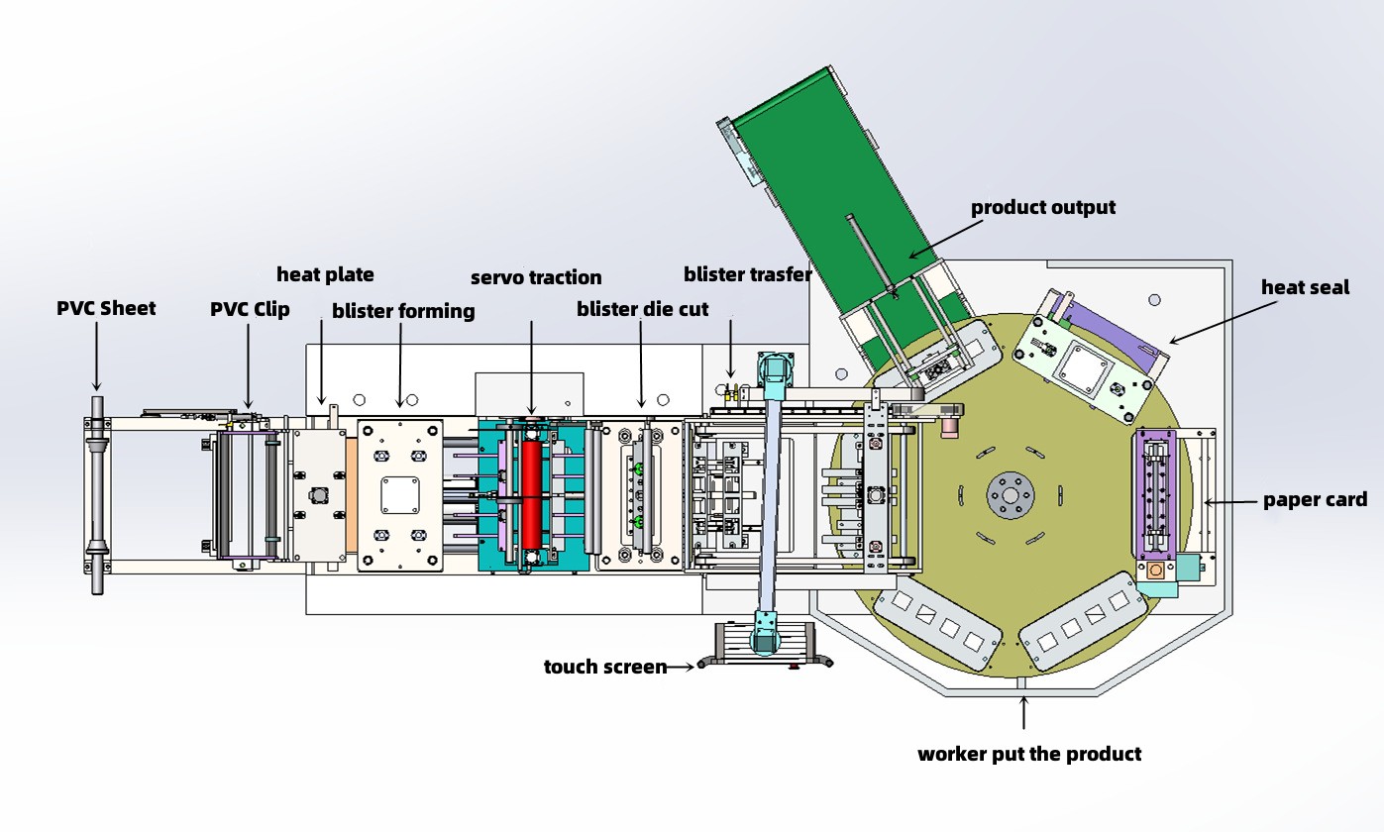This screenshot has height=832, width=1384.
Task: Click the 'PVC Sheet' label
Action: [106, 308]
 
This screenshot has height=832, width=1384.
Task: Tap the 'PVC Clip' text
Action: [250, 309]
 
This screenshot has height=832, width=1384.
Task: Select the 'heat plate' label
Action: [325, 273]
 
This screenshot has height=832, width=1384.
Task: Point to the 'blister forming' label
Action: [403, 311]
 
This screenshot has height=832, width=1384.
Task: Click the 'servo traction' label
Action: [536, 277]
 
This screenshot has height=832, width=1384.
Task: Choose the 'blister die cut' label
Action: [642, 309]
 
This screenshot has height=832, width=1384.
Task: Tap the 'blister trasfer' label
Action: [747, 274]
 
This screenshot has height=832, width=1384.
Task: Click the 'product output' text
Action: [1042, 207]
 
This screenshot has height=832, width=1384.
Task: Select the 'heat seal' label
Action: [1305, 287]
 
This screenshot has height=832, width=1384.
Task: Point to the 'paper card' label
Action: [1315, 500]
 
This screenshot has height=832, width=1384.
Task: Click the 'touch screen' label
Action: [604, 667]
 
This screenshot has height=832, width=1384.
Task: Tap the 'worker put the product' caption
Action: [1029, 754]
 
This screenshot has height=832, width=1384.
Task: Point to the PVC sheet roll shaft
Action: [97, 495]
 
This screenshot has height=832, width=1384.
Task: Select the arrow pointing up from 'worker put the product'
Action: [1024, 713]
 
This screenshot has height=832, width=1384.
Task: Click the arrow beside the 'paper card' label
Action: [1229, 502]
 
